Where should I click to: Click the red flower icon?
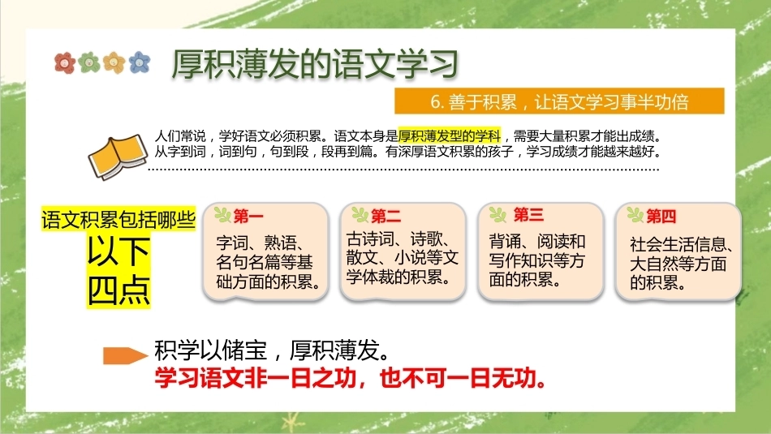point(65,63)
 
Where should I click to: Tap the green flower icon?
point(89,63)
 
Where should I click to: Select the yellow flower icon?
point(114,62)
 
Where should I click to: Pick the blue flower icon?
point(139,62)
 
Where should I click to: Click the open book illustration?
point(118,157)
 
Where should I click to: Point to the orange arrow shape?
point(125,355)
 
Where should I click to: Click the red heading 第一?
point(248,216)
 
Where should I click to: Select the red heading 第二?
point(386,215)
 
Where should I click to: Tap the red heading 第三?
point(528,214)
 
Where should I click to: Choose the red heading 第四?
point(661,216)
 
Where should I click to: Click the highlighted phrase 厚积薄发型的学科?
point(450,135)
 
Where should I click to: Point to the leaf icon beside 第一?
point(222,214)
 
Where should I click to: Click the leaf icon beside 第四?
point(635,214)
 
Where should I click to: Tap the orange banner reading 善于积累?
point(559,101)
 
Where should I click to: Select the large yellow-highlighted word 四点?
point(118,291)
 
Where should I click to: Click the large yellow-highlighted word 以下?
point(118,251)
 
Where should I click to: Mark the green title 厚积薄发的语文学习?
point(315,64)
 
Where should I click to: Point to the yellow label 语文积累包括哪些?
point(118,219)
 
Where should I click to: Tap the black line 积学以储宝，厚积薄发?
point(274,350)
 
